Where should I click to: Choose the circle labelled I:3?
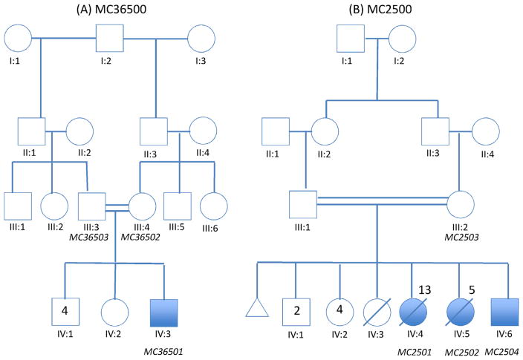tap(203, 38)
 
